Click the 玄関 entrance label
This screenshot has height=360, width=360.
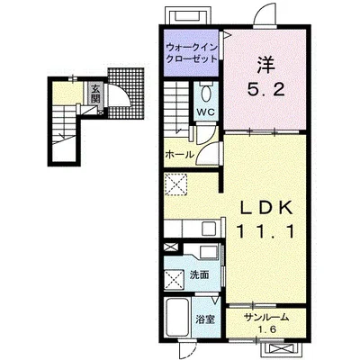point(95,94)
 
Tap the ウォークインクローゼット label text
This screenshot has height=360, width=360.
point(192,53)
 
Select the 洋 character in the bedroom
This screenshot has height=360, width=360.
point(265,66)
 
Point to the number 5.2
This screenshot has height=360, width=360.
point(265,89)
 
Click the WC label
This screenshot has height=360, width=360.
point(205,112)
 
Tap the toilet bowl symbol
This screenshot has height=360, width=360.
point(205,94)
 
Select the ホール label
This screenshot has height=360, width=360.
point(180,155)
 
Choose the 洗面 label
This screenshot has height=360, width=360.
point(199,274)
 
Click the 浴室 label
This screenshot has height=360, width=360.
point(205,319)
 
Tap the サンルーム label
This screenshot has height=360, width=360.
point(266,318)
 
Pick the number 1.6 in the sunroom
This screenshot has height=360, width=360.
point(266,329)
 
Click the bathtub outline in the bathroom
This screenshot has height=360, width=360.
point(177,319)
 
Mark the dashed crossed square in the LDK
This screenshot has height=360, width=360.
point(175,184)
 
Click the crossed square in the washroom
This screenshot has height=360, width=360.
point(174,280)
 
